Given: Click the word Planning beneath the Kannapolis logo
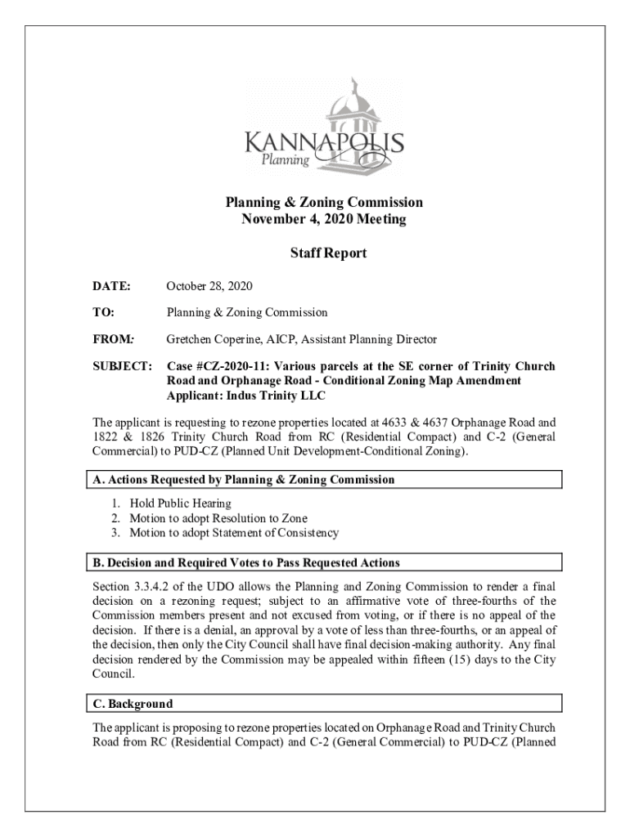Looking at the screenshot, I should (285, 161).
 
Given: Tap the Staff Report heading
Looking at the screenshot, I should (327, 253).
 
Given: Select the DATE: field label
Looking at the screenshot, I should (111, 286).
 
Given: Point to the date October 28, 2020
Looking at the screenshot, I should (209, 286).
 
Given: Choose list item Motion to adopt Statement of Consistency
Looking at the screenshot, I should (232, 533).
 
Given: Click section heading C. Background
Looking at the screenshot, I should (133, 704).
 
